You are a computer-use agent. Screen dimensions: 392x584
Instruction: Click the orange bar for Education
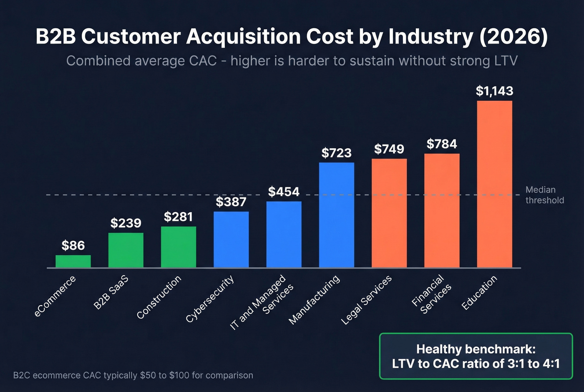point(494,184)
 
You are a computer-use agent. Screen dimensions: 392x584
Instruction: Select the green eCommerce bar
point(73,261)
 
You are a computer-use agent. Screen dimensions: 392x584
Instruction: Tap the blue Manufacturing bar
point(336,215)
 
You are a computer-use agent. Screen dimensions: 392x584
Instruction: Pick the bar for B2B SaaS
point(126,250)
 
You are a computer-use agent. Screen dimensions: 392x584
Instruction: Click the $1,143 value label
point(494,91)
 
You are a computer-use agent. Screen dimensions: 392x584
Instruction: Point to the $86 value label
point(73,245)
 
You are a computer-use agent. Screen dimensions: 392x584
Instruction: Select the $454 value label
point(284,192)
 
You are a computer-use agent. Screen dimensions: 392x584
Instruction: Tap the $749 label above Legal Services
point(389,149)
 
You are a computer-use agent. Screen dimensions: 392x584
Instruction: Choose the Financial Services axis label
point(432,294)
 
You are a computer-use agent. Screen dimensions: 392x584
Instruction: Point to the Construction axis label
point(159,297)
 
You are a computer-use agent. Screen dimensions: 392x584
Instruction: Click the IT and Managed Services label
point(262,302)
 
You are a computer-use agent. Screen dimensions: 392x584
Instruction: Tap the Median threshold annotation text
point(544,195)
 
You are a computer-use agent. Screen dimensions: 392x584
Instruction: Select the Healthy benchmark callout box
point(476,356)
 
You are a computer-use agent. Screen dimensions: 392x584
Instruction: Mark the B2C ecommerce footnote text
point(133,375)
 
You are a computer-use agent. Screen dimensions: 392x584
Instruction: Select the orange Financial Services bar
point(442,210)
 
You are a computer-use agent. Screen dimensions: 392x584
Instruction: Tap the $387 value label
point(231,202)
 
